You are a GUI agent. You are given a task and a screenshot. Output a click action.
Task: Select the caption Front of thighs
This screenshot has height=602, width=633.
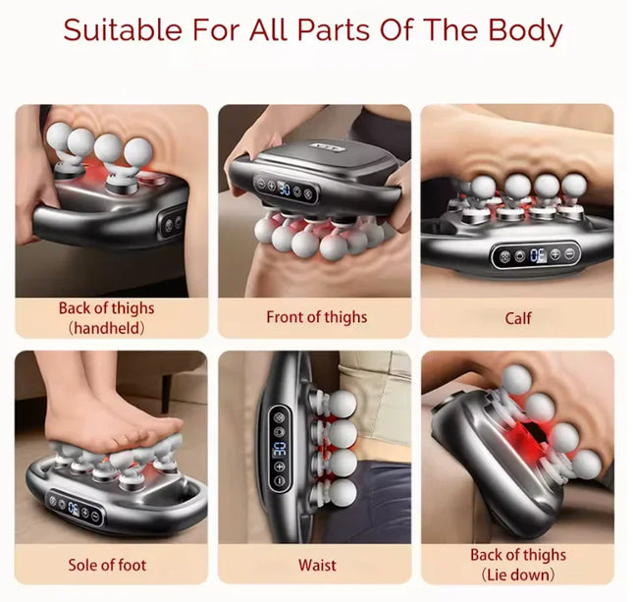316,317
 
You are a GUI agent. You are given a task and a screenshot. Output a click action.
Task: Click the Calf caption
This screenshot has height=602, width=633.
517,317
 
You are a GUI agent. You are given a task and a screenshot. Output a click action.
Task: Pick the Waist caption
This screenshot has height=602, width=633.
316,565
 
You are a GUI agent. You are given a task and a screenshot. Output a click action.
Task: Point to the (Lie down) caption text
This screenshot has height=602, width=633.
517,574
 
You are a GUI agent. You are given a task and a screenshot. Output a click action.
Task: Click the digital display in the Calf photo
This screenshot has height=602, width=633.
537,254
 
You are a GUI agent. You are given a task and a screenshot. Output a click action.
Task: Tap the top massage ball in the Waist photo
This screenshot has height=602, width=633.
341,403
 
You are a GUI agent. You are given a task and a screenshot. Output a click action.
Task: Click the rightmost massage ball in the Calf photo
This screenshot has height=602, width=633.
572,186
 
